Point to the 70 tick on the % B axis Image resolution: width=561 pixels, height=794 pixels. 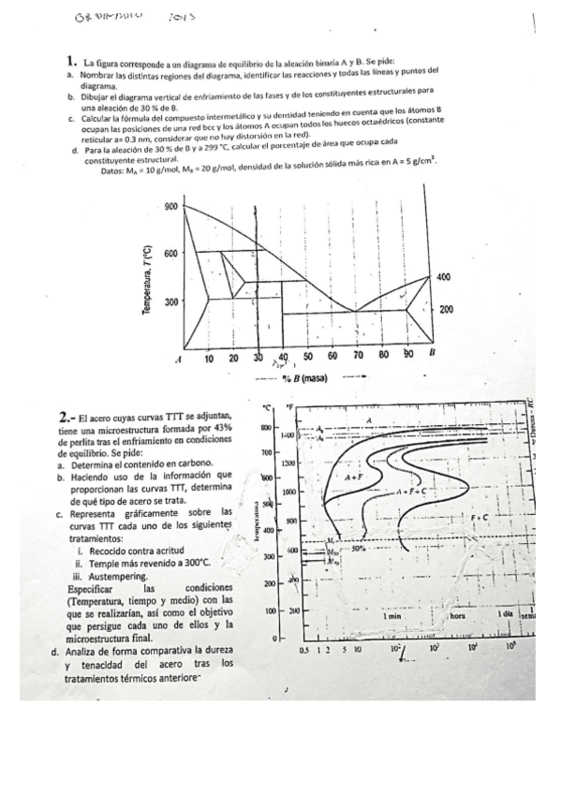(358, 357)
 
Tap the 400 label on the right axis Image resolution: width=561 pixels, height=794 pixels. (445, 277)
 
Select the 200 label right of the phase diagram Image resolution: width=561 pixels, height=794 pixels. (446, 309)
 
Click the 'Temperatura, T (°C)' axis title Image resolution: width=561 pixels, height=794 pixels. (147, 280)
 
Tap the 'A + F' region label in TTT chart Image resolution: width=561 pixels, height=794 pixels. (354, 478)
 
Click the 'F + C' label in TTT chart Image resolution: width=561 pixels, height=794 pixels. (480, 517)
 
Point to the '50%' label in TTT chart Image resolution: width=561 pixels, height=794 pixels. (357, 550)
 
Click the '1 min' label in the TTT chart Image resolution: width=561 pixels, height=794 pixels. (392, 617)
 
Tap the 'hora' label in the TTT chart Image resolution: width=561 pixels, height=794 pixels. (459, 617)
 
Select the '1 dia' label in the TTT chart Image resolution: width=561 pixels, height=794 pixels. (506, 613)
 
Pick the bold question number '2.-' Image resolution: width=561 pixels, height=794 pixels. (66, 417)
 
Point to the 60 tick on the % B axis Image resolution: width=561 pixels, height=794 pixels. (332, 357)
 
